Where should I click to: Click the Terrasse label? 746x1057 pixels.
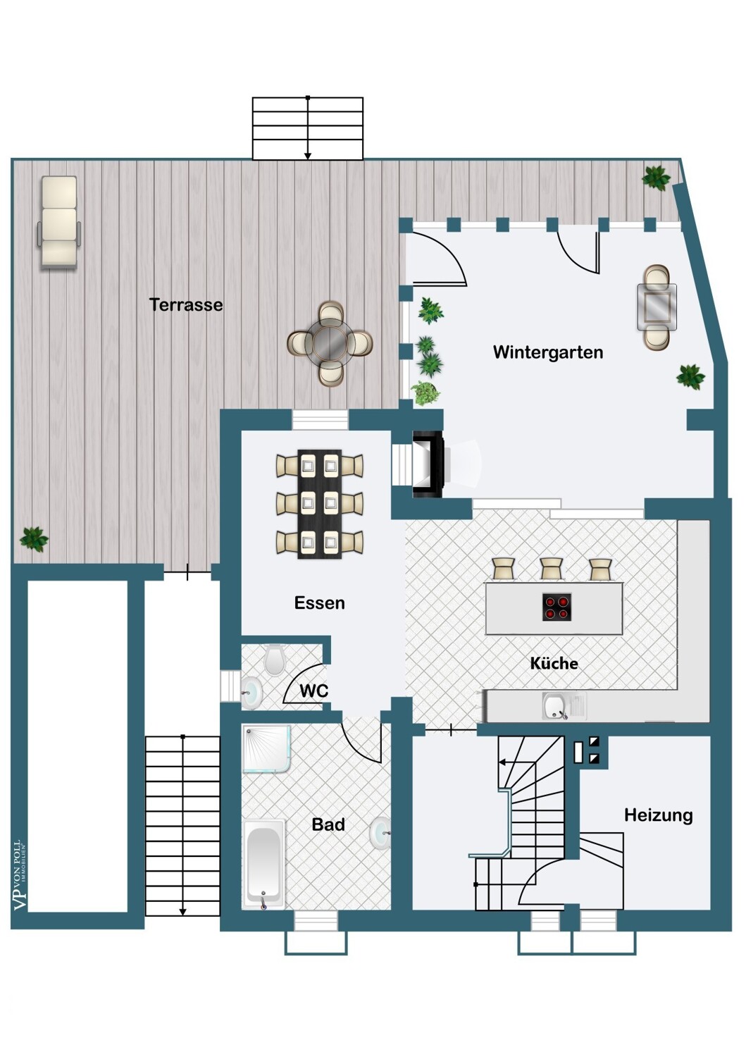coord(186,305)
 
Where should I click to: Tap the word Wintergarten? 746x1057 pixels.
coord(548,352)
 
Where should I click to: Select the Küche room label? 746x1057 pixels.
coord(554,663)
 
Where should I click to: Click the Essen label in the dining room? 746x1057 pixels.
coord(319,602)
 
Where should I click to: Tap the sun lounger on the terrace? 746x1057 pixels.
coord(59,223)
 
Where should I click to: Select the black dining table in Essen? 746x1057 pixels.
coord(319,504)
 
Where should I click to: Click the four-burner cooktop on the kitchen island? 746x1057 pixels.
coord(557,607)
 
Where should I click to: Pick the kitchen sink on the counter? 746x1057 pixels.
coord(564,706)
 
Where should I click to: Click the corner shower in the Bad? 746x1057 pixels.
coord(266,749)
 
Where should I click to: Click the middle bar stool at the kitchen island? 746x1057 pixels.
coord(551,569)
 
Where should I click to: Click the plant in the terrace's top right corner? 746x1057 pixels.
coord(656,178)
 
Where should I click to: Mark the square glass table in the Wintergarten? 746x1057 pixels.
coord(657,307)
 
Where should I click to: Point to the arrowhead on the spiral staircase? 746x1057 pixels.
coord(501,762)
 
